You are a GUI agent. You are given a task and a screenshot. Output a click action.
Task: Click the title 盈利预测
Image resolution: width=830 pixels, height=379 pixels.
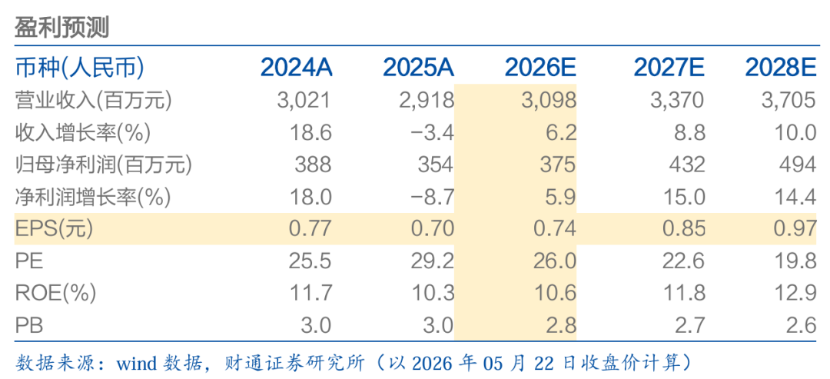click(x=61, y=27)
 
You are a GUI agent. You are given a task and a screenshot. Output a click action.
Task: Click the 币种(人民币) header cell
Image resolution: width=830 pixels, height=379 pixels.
click(x=79, y=68)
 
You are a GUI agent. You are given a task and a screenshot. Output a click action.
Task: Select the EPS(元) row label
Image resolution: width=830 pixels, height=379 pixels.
click(x=54, y=228)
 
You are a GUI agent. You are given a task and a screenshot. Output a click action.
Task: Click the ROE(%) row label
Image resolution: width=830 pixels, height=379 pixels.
click(x=55, y=293)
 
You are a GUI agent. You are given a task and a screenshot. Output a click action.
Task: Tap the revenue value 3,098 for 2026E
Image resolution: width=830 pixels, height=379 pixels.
click(x=549, y=100)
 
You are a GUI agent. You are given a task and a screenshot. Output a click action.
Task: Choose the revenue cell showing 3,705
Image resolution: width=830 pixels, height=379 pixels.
click(x=788, y=100)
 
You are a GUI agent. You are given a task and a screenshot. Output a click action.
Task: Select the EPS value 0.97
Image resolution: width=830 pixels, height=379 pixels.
click(x=794, y=228)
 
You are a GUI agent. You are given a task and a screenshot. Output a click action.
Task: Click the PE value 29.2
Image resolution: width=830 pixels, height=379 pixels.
click(x=433, y=261)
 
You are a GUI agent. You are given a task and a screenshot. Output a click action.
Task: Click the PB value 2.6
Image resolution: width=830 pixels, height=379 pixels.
click(x=802, y=325)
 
